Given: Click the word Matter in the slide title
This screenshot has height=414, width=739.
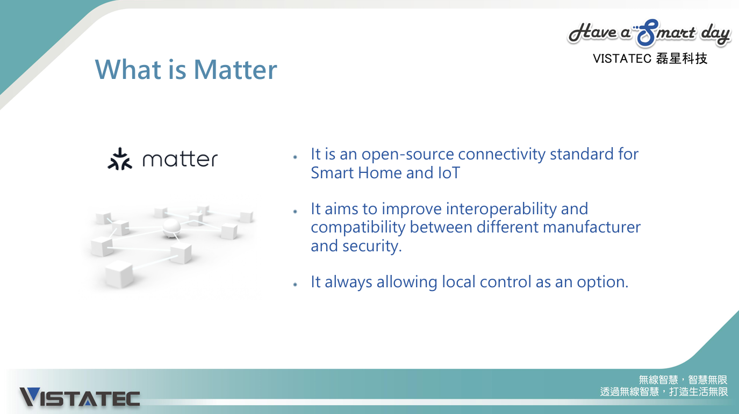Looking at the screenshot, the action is pyautogui.click(x=235, y=70).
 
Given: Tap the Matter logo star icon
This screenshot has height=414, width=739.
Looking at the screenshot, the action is pyautogui.click(x=120, y=159).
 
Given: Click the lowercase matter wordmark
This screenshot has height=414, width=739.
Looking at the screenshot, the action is pyautogui.click(x=180, y=159).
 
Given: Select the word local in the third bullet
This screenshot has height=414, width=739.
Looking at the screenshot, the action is pyautogui.click(x=458, y=282).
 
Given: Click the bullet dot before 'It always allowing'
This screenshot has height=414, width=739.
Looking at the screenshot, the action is pyautogui.click(x=295, y=284).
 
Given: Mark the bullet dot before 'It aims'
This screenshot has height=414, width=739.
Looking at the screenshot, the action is pyautogui.click(x=295, y=211).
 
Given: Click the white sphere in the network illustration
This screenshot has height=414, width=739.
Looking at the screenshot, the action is pyautogui.click(x=171, y=228).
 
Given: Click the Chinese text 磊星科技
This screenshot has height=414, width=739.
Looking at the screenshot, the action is pyautogui.click(x=681, y=59).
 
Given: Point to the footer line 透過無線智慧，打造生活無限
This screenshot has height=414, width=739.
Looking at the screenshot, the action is pyautogui.click(x=664, y=392).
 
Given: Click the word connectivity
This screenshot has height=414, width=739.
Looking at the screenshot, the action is pyautogui.click(x=501, y=154).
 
